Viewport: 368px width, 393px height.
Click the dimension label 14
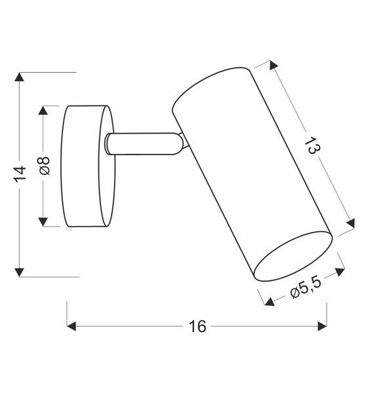20,174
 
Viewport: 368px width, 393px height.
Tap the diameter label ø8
44,166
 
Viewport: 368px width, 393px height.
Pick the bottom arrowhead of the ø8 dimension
44,221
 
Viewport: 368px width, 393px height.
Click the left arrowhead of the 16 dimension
73,326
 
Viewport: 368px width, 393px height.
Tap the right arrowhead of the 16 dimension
321,326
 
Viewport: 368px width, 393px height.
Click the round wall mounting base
85,166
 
